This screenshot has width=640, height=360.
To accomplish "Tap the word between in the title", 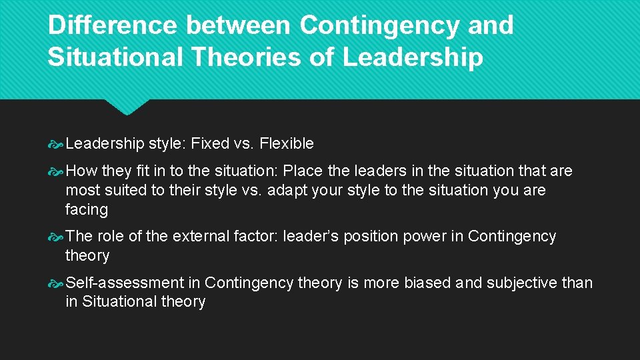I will [x=237, y=25].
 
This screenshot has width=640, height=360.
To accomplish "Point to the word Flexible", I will [x=286, y=143].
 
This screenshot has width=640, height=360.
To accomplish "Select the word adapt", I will [x=289, y=190].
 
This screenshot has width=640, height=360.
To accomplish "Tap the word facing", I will [x=87, y=209].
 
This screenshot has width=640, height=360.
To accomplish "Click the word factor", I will [x=255, y=236].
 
